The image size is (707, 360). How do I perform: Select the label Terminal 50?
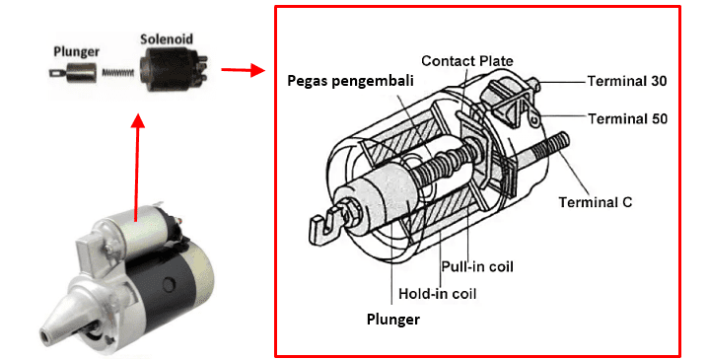click(627, 118)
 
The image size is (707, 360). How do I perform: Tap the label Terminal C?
click(596, 202)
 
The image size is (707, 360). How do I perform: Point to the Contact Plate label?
click(466, 61)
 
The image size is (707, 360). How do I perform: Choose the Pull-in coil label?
click(476, 266)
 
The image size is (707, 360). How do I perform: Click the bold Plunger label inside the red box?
click(393, 320)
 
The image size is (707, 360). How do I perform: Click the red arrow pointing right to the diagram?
click(243, 70)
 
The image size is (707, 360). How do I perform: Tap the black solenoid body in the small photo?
click(167, 68)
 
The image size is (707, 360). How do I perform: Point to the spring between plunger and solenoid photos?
click(116, 71)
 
